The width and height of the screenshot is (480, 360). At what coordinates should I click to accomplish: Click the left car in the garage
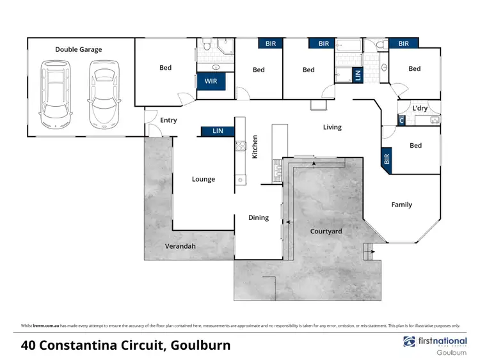click(x=56, y=94)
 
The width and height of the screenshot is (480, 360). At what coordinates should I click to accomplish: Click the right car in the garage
click(x=103, y=94)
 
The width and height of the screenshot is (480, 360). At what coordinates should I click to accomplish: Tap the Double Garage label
click(x=78, y=49)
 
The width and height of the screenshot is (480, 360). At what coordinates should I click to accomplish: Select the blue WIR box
click(x=211, y=82)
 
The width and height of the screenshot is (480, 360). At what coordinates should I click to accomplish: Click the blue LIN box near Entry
click(x=218, y=130)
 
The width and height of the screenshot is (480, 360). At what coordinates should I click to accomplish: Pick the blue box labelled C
click(x=401, y=120)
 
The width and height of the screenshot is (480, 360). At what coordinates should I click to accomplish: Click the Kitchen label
click(x=254, y=146)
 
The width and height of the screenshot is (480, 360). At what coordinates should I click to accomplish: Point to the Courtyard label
click(x=326, y=231)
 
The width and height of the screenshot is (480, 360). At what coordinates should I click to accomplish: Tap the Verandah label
click(x=180, y=246)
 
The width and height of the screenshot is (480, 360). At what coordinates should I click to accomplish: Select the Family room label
click(x=401, y=205)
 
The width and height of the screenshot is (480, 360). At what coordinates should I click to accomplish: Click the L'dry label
click(x=420, y=108)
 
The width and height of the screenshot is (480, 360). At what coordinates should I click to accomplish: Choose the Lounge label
click(x=204, y=179)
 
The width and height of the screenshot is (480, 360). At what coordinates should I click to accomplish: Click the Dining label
click(x=259, y=217)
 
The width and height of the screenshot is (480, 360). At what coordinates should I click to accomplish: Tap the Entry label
click(x=168, y=120)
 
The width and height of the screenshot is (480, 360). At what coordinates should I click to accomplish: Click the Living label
click(x=332, y=127)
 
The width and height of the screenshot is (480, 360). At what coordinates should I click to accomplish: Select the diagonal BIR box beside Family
click(x=387, y=158)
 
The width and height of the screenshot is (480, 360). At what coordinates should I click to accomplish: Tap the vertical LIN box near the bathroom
click(x=358, y=74)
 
